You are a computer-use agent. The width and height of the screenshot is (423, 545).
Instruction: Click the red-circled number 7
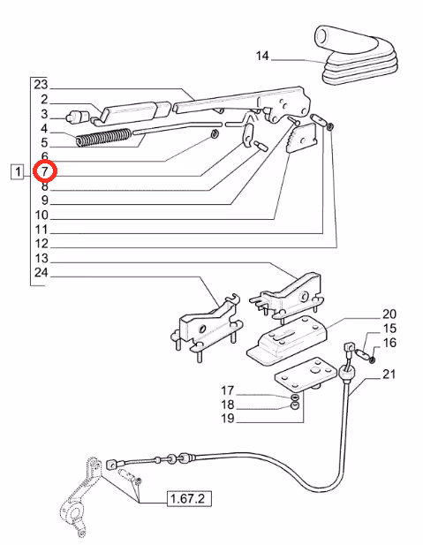[44, 171]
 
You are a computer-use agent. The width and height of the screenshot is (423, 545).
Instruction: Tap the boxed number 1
[18, 171]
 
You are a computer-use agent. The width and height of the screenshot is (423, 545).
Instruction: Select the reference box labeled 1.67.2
[189, 499]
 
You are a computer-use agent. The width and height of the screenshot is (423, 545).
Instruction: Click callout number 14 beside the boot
[262, 56]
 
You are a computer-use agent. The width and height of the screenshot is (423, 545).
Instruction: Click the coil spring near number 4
[103, 137]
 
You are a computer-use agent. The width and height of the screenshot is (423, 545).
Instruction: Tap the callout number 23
[41, 85]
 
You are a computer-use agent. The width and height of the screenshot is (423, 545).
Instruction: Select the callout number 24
[41, 272]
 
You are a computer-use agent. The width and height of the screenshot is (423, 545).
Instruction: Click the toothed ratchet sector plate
[301, 138]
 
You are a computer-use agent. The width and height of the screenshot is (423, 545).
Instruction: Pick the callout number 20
[389, 314]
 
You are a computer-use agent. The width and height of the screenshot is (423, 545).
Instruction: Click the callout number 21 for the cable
[389, 374]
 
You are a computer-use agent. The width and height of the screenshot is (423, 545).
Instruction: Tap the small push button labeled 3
[77, 117]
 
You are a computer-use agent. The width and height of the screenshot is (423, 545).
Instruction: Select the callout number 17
[228, 390]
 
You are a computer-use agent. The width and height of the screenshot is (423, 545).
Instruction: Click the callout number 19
[228, 419]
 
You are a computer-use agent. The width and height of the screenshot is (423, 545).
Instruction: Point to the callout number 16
[389, 343]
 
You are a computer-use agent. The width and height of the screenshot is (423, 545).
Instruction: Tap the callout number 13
[42, 258]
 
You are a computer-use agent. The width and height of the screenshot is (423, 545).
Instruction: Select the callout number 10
[42, 215]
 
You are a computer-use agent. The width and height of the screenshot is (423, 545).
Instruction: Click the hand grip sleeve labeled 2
[131, 112]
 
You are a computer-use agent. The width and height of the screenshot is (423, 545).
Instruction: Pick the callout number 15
[389, 328]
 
